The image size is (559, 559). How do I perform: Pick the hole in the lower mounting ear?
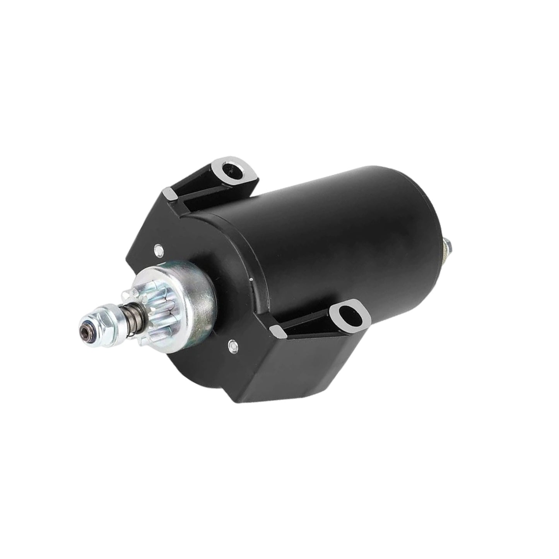(x=347, y=311)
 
